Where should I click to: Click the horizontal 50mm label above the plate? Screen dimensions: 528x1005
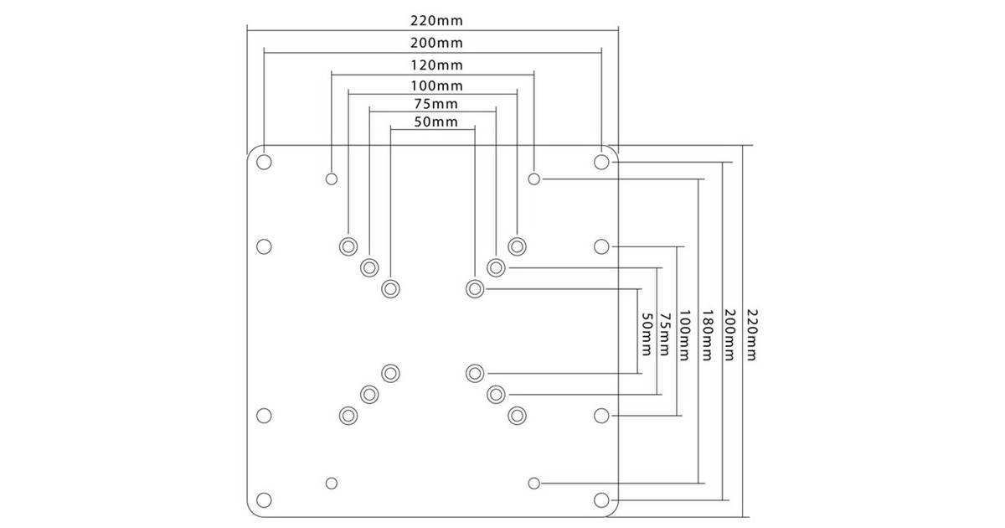pyautogui.click(x=435, y=122)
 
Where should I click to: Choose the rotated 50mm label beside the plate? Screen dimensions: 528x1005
pyautogui.click(x=647, y=333)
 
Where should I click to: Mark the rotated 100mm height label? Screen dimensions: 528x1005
pyautogui.click(x=686, y=333)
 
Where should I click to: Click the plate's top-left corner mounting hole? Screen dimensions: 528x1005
pyautogui.click(x=264, y=161)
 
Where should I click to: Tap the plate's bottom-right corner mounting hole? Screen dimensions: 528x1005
pyautogui.click(x=600, y=500)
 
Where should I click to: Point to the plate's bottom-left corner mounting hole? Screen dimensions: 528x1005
pyautogui.click(x=264, y=500)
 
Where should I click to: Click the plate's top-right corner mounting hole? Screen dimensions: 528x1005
pyautogui.click(x=600, y=161)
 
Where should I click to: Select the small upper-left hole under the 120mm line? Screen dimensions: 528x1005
pyautogui.click(x=332, y=179)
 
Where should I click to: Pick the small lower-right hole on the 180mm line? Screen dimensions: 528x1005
pyautogui.click(x=534, y=483)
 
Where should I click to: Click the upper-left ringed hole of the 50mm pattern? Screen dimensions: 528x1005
pyautogui.click(x=390, y=288)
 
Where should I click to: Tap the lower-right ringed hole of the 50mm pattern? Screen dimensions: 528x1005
pyautogui.click(x=475, y=372)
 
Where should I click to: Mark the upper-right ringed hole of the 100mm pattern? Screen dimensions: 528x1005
pyautogui.click(x=517, y=246)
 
